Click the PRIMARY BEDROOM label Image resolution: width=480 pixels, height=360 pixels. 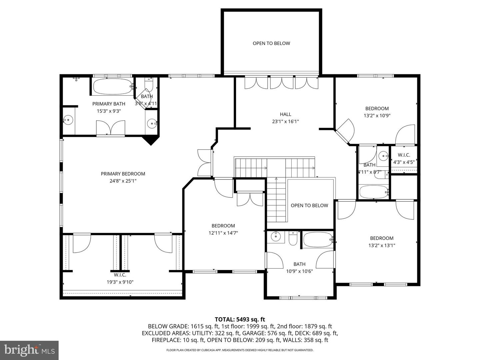point(123,174)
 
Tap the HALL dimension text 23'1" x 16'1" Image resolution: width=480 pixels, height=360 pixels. point(285,122)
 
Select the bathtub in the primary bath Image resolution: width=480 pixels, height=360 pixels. point(112,86)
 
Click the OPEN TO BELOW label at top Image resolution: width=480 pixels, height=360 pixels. point(271,43)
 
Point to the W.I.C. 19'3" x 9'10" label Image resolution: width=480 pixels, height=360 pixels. point(120,278)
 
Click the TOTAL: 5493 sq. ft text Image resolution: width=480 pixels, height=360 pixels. point(240,319)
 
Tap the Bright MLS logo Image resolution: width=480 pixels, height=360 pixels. point(29,350)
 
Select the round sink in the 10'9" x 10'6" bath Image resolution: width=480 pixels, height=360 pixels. point(276,237)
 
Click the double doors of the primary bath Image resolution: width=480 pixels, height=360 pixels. point(111,128)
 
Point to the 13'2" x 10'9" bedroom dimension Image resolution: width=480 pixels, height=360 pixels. point(377,116)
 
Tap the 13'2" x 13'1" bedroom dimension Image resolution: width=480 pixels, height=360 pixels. point(382,245)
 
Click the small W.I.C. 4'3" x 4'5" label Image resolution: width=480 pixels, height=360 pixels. point(404,159)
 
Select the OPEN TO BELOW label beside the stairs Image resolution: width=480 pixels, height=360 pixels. point(309,205)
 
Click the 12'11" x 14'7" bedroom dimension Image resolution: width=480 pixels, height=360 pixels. point(223,233)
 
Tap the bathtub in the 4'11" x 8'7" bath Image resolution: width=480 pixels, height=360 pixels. point(374,192)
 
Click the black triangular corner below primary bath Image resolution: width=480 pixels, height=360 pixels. point(151,140)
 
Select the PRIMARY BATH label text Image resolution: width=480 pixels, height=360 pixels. point(109,104)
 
